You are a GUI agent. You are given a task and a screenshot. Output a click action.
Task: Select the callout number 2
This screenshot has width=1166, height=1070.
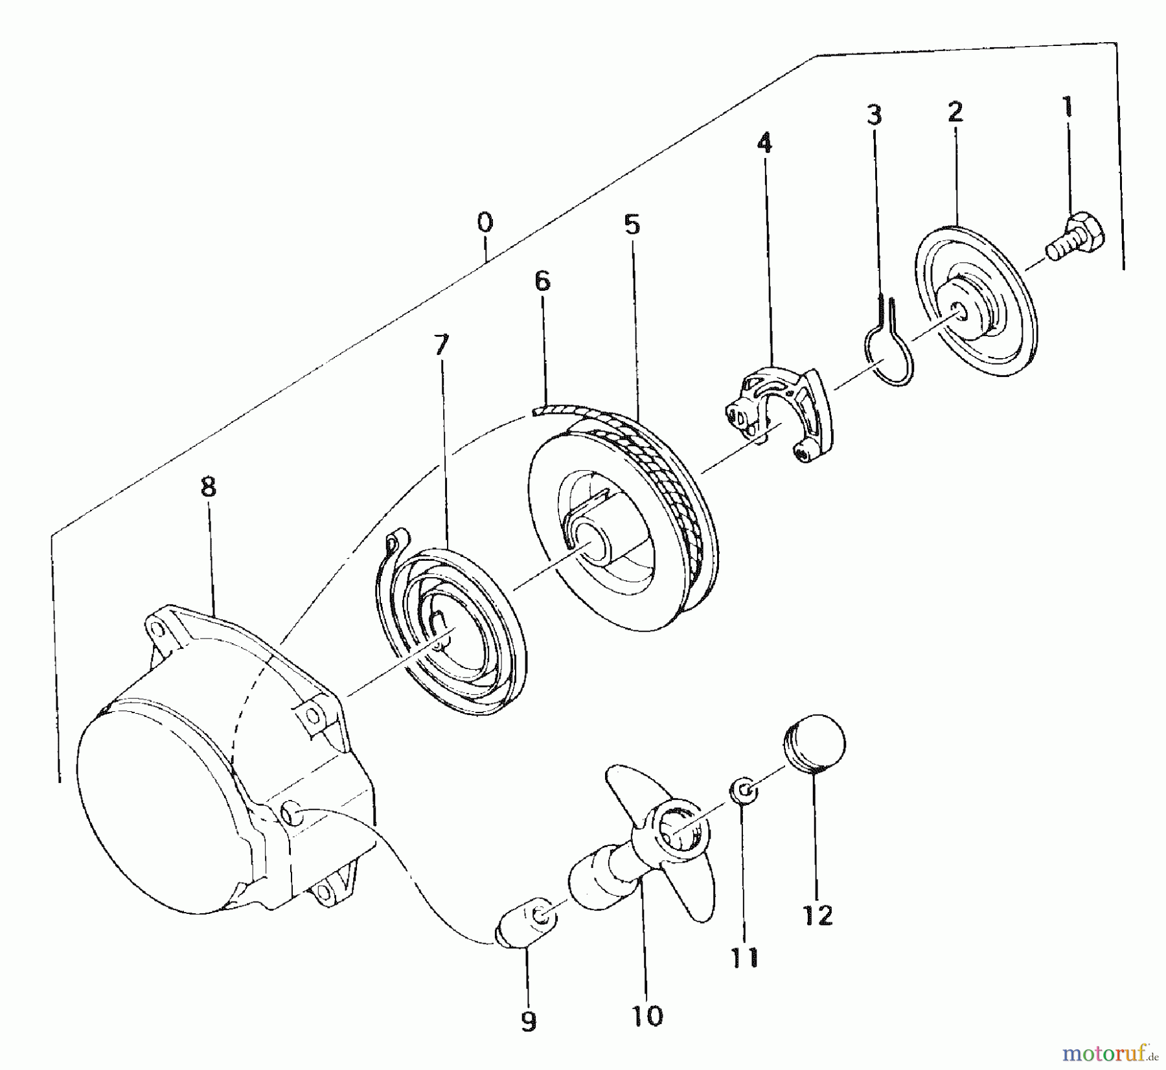[x=955, y=112]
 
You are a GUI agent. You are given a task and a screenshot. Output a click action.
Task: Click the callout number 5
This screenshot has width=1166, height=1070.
[x=632, y=225]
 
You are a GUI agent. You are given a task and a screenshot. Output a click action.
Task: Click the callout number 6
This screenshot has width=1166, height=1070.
[x=542, y=281]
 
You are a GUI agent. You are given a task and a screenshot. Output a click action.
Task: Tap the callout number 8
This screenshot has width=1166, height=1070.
[x=208, y=486]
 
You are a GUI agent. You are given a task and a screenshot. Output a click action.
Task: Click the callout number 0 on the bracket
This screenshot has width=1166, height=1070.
[x=485, y=223]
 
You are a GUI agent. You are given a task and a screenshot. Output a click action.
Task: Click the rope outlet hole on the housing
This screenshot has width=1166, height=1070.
[x=293, y=815]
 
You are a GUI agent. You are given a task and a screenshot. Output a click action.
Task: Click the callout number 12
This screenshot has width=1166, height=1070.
[x=817, y=916]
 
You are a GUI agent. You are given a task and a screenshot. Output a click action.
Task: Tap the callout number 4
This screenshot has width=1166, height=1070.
[x=764, y=142]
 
